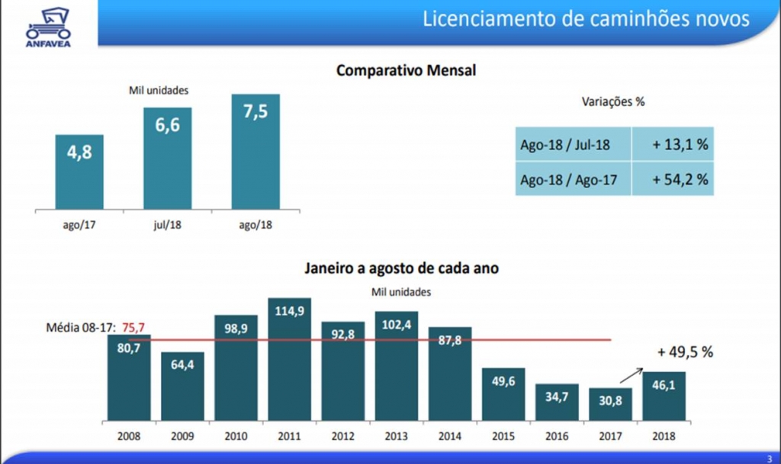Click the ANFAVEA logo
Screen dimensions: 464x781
coord(48,26)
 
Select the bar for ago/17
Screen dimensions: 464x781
coord(79,171)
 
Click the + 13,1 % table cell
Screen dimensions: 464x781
coord(672,144)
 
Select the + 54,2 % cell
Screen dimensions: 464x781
coord(672,180)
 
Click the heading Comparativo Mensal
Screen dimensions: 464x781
coord(406,71)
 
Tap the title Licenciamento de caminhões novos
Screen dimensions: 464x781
coord(586,19)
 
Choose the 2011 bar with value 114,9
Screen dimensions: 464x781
coord(290,358)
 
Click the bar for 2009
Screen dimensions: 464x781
coord(182,386)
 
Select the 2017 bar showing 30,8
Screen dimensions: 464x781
coord(610,404)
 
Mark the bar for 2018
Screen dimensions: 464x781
coord(664,395)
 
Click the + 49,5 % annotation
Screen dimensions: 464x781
coord(685,352)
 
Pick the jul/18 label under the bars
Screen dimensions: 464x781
coord(167,226)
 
